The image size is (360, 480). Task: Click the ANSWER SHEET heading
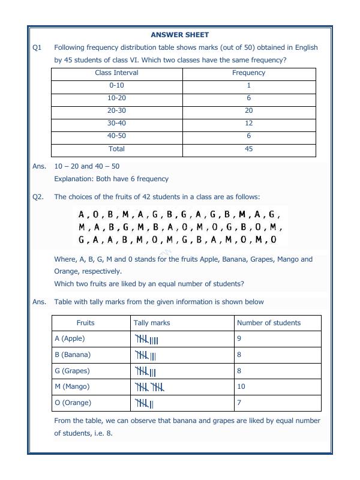(179, 35)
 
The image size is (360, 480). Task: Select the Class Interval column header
(116, 73)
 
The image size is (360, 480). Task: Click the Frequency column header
(248, 73)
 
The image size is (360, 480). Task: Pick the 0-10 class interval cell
(116, 85)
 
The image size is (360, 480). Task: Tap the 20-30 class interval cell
(116, 110)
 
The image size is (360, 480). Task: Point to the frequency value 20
(248, 110)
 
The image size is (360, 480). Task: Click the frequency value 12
(248, 123)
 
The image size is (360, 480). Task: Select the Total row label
(116, 149)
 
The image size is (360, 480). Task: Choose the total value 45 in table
(248, 149)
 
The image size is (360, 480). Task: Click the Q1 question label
(37, 47)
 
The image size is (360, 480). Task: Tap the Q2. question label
(38, 197)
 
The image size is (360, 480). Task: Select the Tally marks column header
(152, 323)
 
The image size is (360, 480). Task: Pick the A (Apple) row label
(70, 338)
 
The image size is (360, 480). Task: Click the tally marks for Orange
(145, 403)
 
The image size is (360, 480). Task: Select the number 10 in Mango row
(241, 387)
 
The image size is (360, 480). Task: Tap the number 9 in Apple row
(239, 338)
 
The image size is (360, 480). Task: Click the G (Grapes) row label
(71, 371)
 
